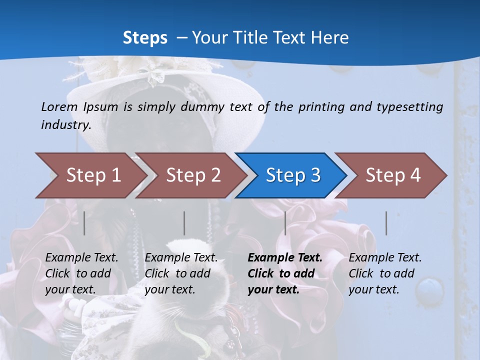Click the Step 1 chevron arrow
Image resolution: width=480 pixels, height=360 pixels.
(92, 175)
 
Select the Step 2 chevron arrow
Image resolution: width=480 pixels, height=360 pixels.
(192, 175)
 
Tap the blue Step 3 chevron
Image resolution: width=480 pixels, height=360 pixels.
(292, 175)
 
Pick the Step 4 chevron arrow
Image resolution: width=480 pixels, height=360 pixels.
(392, 175)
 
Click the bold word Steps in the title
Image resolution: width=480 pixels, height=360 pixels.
(145, 37)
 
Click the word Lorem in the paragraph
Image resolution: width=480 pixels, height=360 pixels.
(59, 106)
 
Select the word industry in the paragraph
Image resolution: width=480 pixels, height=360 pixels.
(65, 124)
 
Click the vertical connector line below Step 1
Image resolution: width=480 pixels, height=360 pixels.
(84, 223)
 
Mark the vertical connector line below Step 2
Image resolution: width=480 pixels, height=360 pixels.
(184, 223)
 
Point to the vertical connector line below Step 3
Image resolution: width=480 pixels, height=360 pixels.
(285, 223)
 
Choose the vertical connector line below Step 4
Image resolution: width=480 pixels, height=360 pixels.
(386, 223)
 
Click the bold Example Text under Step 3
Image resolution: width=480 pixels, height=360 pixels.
(285, 258)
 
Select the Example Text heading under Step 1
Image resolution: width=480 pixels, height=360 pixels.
(81, 258)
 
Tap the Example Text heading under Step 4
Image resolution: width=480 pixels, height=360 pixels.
(385, 258)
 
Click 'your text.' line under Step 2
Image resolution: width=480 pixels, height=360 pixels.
(169, 289)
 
